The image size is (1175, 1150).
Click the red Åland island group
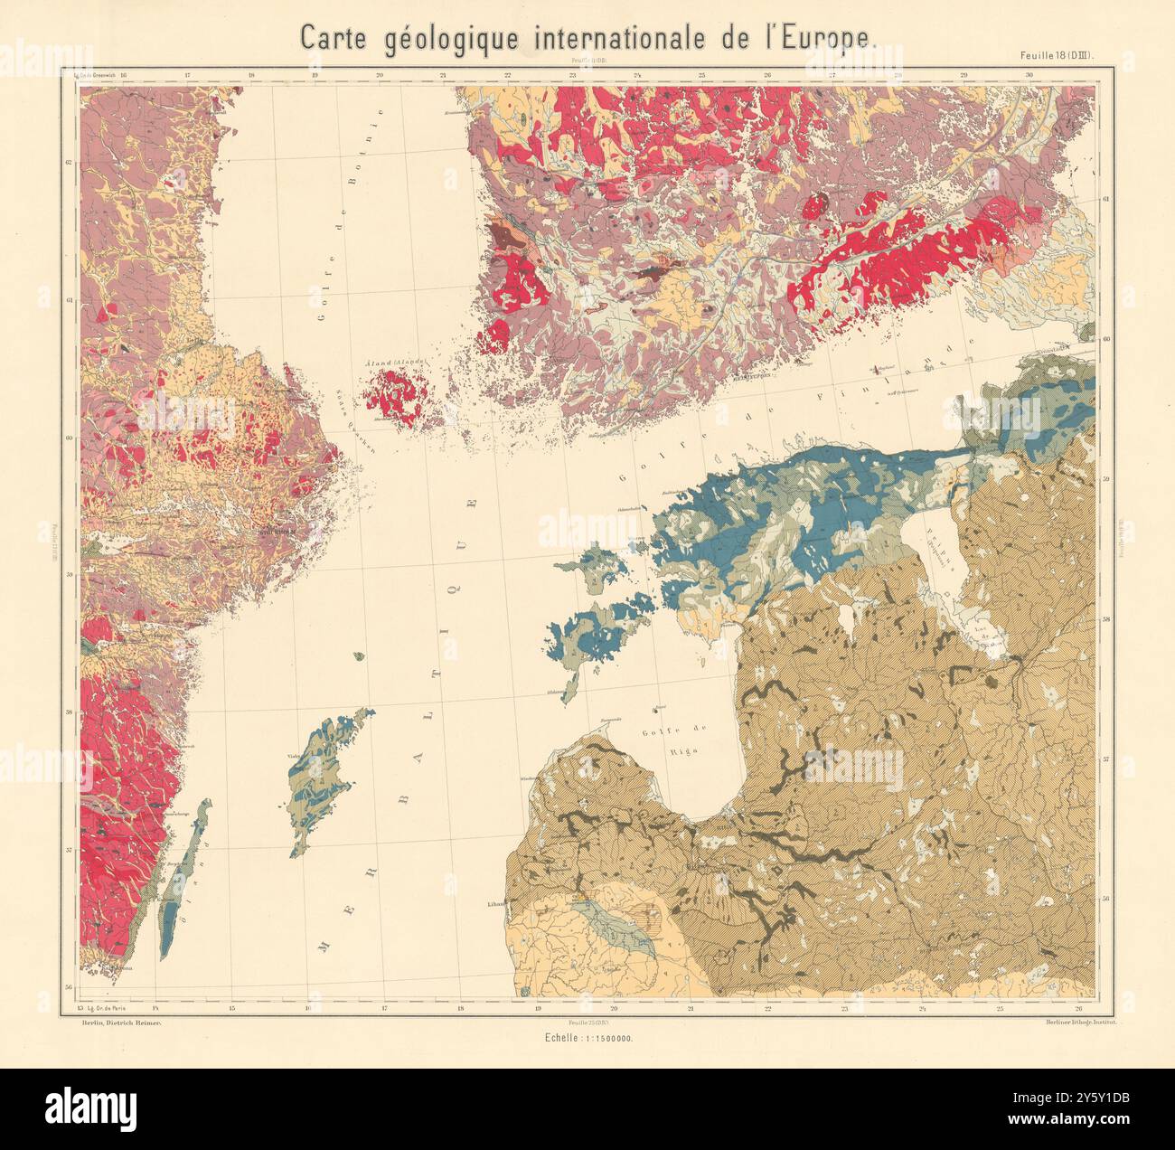pyautogui.click(x=396, y=391)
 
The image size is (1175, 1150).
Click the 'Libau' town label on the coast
pyautogui.click(x=493, y=903)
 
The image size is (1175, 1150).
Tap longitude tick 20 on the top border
pyautogui.click(x=380, y=77)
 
